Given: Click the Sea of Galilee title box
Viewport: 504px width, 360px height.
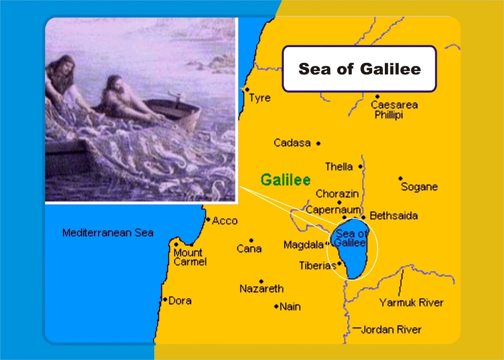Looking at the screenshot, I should (359, 69).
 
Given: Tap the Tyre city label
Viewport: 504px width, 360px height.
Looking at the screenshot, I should (260, 98).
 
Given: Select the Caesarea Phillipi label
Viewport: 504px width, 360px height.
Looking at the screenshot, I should (394, 110).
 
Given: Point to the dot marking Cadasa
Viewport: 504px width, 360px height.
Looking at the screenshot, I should (318, 144).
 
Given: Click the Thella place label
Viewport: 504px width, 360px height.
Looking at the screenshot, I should (339, 167).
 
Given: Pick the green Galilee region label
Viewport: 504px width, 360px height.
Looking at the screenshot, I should (286, 180).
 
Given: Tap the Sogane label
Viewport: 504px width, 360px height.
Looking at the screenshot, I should (419, 187).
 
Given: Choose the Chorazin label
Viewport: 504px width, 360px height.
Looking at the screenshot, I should (337, 194).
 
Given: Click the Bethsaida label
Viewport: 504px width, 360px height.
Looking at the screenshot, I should (394, 216).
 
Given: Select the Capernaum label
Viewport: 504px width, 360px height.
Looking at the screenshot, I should (333, 210).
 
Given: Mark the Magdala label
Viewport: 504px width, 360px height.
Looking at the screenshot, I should (304, 245).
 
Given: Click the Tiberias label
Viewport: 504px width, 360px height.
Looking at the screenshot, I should (318, 266).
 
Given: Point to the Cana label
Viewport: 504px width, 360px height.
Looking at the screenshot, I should (249, 249).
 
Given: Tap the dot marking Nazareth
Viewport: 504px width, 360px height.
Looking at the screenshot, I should (261, 281).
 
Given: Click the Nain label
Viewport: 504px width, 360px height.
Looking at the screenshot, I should (290, 306).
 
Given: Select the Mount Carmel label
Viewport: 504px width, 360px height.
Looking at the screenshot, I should (190, 257).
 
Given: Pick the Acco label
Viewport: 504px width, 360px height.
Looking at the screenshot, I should (225, 221).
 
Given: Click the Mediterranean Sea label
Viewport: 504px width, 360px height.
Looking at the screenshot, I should (108, 233).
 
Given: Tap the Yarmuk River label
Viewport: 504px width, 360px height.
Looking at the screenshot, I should (411, 303).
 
